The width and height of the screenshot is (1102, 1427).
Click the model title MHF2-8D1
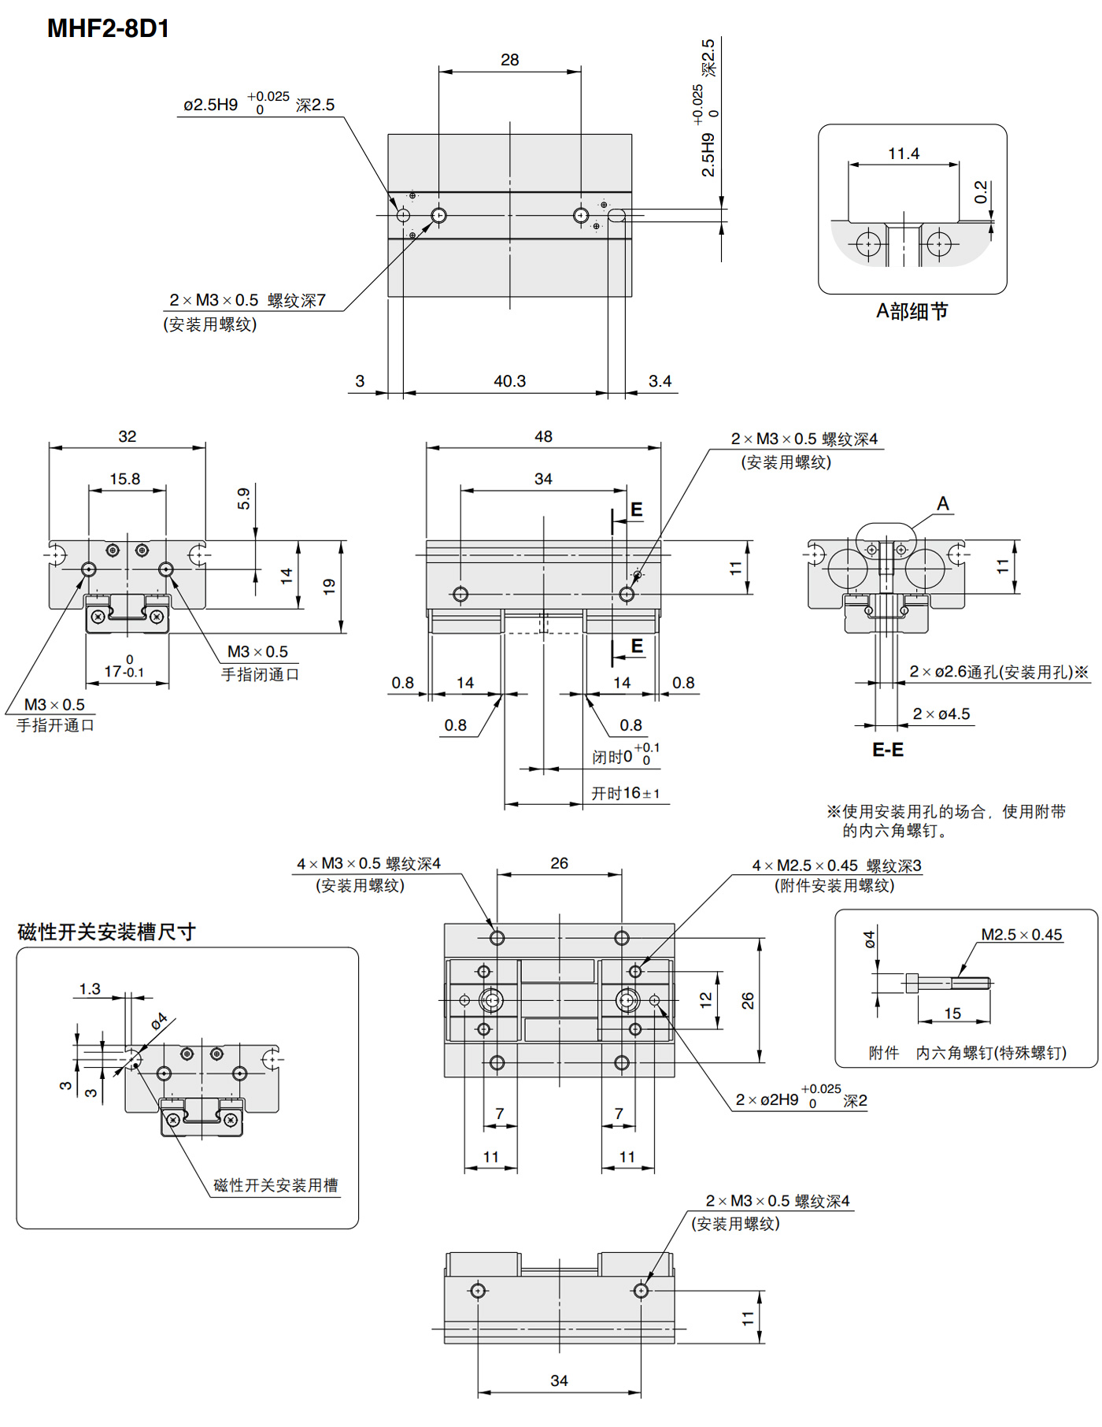pos(108,28)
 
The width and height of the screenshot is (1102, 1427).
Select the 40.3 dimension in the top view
pos(509,381)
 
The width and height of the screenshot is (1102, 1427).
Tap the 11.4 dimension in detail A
pos(904,154)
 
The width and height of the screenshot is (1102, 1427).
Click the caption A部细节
pos(912,311)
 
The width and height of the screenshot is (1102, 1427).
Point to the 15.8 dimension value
pos(125,479)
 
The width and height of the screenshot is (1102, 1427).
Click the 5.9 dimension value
pos(244,499)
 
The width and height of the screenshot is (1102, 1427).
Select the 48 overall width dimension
pos(543,436)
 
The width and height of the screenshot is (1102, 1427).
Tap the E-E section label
pos(888,750)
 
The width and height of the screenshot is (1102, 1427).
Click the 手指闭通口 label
pos(260,675)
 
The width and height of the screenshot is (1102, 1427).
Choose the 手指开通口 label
pos(55,725)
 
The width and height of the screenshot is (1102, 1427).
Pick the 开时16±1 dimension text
pos(626,793)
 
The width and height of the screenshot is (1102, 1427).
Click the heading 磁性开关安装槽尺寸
pos(106,932)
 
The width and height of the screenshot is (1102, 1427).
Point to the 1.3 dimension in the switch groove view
pos(90,989)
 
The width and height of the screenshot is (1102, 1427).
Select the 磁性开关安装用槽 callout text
pos(275,1185)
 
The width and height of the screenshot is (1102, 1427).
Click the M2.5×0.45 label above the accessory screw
pos(1021,935)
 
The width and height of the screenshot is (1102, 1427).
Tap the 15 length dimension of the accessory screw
pos(952,1014)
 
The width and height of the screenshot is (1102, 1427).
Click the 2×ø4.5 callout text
pos(941,714)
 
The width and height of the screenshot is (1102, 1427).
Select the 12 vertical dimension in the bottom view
pos(706,999)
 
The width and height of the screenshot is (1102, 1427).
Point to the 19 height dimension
pos(329,586)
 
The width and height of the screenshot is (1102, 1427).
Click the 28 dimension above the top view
pos(509,60)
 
